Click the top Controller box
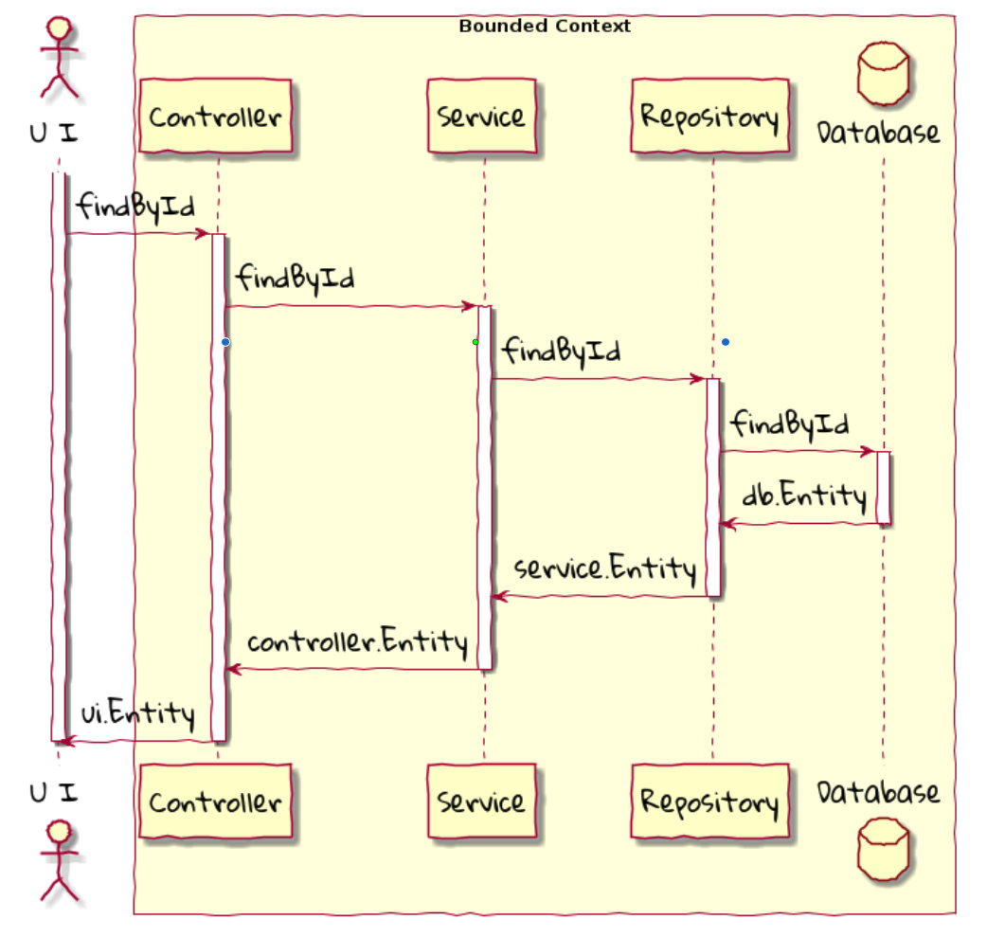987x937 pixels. [215, 117]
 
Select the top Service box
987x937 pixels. [481, 117]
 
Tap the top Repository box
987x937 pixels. [710, 117]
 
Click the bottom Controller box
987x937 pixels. [215, 802]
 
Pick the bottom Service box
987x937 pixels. [481, 802]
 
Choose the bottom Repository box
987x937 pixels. [710, 802]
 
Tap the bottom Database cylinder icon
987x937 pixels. [883, 848]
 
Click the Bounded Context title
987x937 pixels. [545, 27]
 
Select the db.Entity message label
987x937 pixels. [803, 496]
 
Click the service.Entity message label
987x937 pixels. [604, 568]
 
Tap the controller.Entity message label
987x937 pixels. [357, 642]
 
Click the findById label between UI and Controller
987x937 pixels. [135, 205]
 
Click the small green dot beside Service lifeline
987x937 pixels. [476, 341]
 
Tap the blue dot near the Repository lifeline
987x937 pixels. [725, 341]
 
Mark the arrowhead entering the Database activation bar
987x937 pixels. [867, 452]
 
